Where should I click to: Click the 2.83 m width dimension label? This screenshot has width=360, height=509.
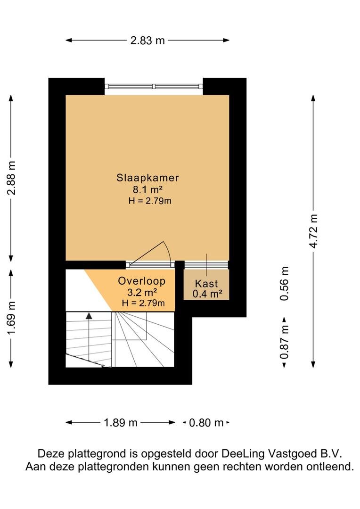pyautogui.click(x=147, y=40)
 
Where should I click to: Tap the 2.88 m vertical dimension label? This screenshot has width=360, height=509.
pyautogui.click(x=11, y=178)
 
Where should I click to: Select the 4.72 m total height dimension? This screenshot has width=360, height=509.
pyautogui.click(x=313, y=231)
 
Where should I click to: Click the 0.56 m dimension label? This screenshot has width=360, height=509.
pyautogui.click(x=284, y=283)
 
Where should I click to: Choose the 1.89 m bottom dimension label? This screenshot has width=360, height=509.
pyautogui.click(x=121, y=423)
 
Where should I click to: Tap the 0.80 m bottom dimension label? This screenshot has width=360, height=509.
pyautogui.click(x=206, y=423)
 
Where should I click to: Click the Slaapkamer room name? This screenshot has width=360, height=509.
pyautogui.click(x=147, y=178)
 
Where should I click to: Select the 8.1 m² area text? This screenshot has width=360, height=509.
pyautogui.click(x=147, y=189)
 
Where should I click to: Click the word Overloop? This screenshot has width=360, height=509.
pyautogui.click(x=141, y=281)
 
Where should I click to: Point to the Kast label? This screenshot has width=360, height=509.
pyautogui.click(x=206, y=283)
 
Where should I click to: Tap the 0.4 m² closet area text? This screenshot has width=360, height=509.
pyautogui.click(x=207, y=294)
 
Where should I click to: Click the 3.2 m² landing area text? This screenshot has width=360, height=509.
pyautogui.click(x=142, y=292)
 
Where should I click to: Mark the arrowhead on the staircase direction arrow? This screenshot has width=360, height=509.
pyautogui.click(x=89, y=315)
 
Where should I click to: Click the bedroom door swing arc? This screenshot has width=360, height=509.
pyautogui.click(x=168, y=251)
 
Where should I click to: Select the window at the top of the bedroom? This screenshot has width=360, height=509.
pyautogui.click(x=154, y=86)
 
